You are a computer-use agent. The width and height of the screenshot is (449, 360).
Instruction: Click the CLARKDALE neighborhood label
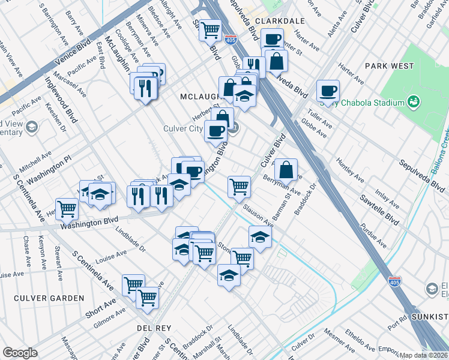point(279,20)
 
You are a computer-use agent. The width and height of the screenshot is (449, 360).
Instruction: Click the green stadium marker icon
point(414,103)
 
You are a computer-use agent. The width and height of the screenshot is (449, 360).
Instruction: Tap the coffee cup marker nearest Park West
point(328,91)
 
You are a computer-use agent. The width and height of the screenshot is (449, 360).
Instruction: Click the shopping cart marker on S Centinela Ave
point(67,209)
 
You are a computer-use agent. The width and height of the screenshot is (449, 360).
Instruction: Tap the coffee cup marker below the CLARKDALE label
point(272,40)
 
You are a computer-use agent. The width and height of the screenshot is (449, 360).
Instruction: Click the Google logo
point(20,353)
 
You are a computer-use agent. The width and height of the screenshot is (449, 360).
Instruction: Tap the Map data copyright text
point(424,355)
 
